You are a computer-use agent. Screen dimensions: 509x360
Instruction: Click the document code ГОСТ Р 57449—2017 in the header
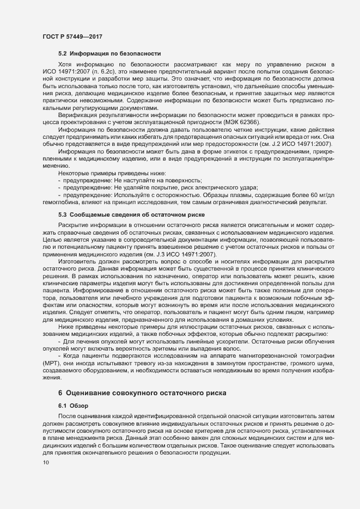click(72, 36)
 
